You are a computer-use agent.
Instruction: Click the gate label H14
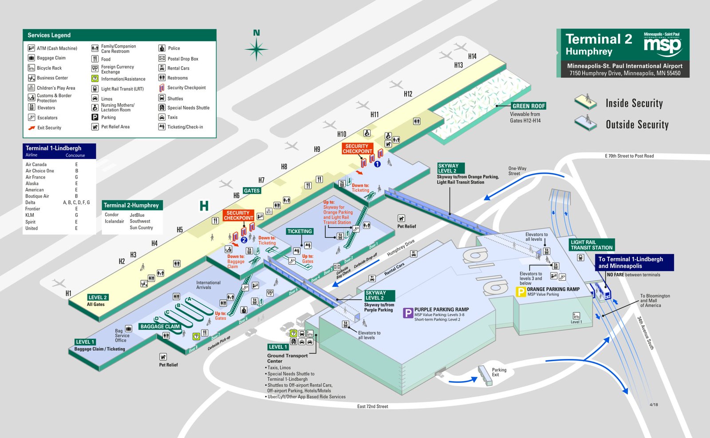pyautogui.click(x=472, y=56)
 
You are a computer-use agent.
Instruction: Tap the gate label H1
pyautogui.click(x=68, y=293)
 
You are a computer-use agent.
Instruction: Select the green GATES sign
pyautogui.click(x=252, y=191)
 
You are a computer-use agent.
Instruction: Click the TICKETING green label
pyautogui.click(x=300, y=231)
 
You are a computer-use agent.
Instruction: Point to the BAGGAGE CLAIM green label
pyautogui.click(x=160, y=327)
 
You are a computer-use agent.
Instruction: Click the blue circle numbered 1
pyautogui.click(x=377, y=164)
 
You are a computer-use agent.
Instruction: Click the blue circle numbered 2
pyautogui.click(x=244, y=240)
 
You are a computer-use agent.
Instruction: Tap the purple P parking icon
pyautogui.click(x=407, y=313)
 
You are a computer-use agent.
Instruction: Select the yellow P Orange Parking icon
pyautogui.click(x=521, y=291)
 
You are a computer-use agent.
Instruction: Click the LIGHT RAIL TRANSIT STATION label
pyautogui.click(x=591, y=245)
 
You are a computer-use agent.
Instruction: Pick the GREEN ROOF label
pyautogui.click(x=529, y=106)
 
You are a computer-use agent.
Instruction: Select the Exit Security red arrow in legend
pyautogui.click(x=32, y=128)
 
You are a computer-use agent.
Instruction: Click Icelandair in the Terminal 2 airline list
pyautogui.click(x=114, y=221)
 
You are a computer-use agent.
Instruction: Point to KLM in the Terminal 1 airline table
pyautogui.click(x=30, y=215)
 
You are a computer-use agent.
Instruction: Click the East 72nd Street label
pyautogui.click(x=372, y=406)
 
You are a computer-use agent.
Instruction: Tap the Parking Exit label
pyautogui.click(x=499, y=372)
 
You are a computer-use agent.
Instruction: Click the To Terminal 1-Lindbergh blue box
pyautogui.click(x=634, y=263)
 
